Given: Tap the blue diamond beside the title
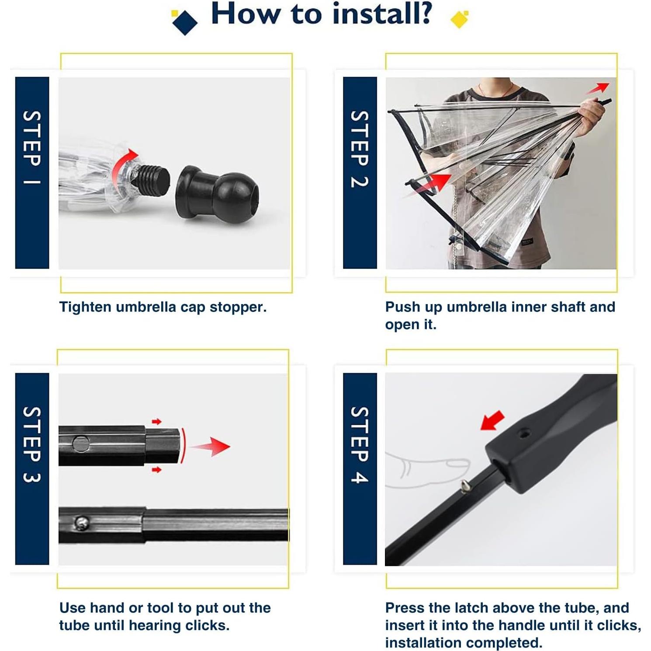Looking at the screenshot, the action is tap(184, 22).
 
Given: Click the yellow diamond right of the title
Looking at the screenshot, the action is tap(459, 19).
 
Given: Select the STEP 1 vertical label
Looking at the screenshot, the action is tap(32, 148).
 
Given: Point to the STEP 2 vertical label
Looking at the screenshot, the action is tap(360, 149).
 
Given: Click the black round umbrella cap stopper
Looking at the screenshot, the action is tap(217, 194).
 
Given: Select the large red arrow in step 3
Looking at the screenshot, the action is tap(211, 446).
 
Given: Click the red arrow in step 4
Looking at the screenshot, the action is tap(492, 420).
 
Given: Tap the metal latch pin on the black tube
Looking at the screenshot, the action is tap(466, 485).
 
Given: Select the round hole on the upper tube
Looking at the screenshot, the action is tap(81, 444).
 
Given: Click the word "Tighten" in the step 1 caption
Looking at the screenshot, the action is tap(85, 307).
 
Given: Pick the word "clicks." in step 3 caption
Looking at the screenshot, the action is tap(208, 625).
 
